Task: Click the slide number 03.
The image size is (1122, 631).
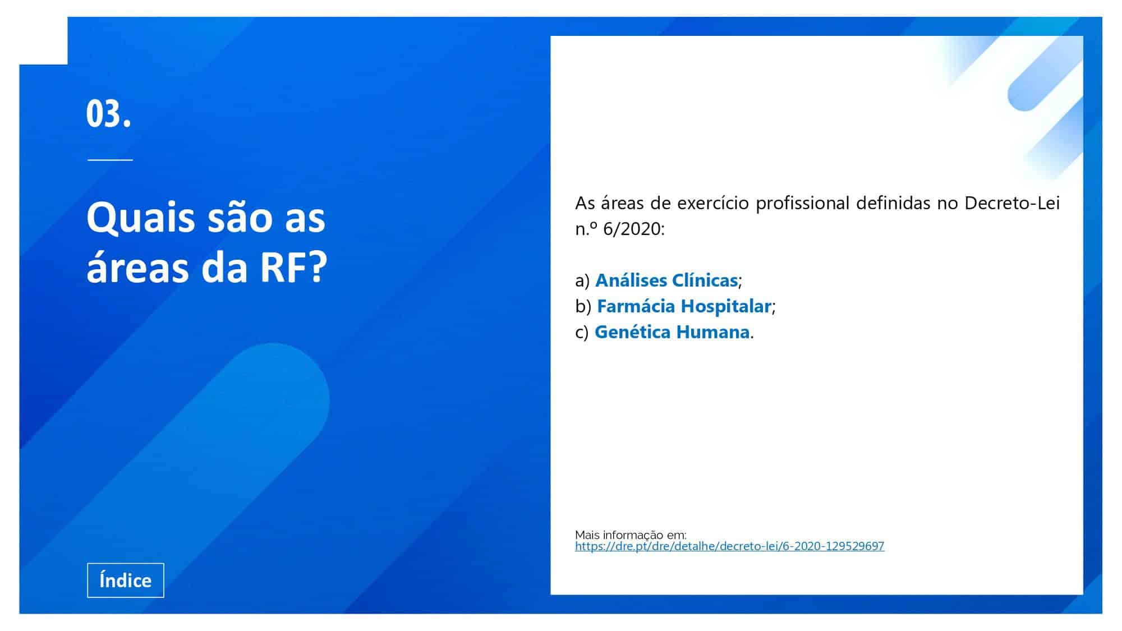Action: (x=109, y=114)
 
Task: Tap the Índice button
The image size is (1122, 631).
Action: (x=126, y=580)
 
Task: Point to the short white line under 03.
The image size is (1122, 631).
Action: (x=110, y=160)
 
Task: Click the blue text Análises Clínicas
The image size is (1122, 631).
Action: (x=666, y=280)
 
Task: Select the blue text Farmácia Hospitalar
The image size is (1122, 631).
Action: (x=684, y=306)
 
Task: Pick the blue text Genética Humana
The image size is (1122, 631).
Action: (x=672, y=331)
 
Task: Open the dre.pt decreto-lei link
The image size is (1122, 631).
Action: (x=729, y=546)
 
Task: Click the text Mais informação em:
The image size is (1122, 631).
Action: (x=631, y=535)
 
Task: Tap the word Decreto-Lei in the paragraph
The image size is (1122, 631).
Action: (x=1012, y=202)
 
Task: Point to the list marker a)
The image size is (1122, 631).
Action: (x=582, y=280)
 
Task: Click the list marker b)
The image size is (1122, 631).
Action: (x=583, y=306)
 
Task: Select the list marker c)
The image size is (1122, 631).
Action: (x=582, y=332)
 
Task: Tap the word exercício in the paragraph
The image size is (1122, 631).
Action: (x=713, y=202)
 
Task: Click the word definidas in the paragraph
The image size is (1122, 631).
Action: (x=893, y=202)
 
